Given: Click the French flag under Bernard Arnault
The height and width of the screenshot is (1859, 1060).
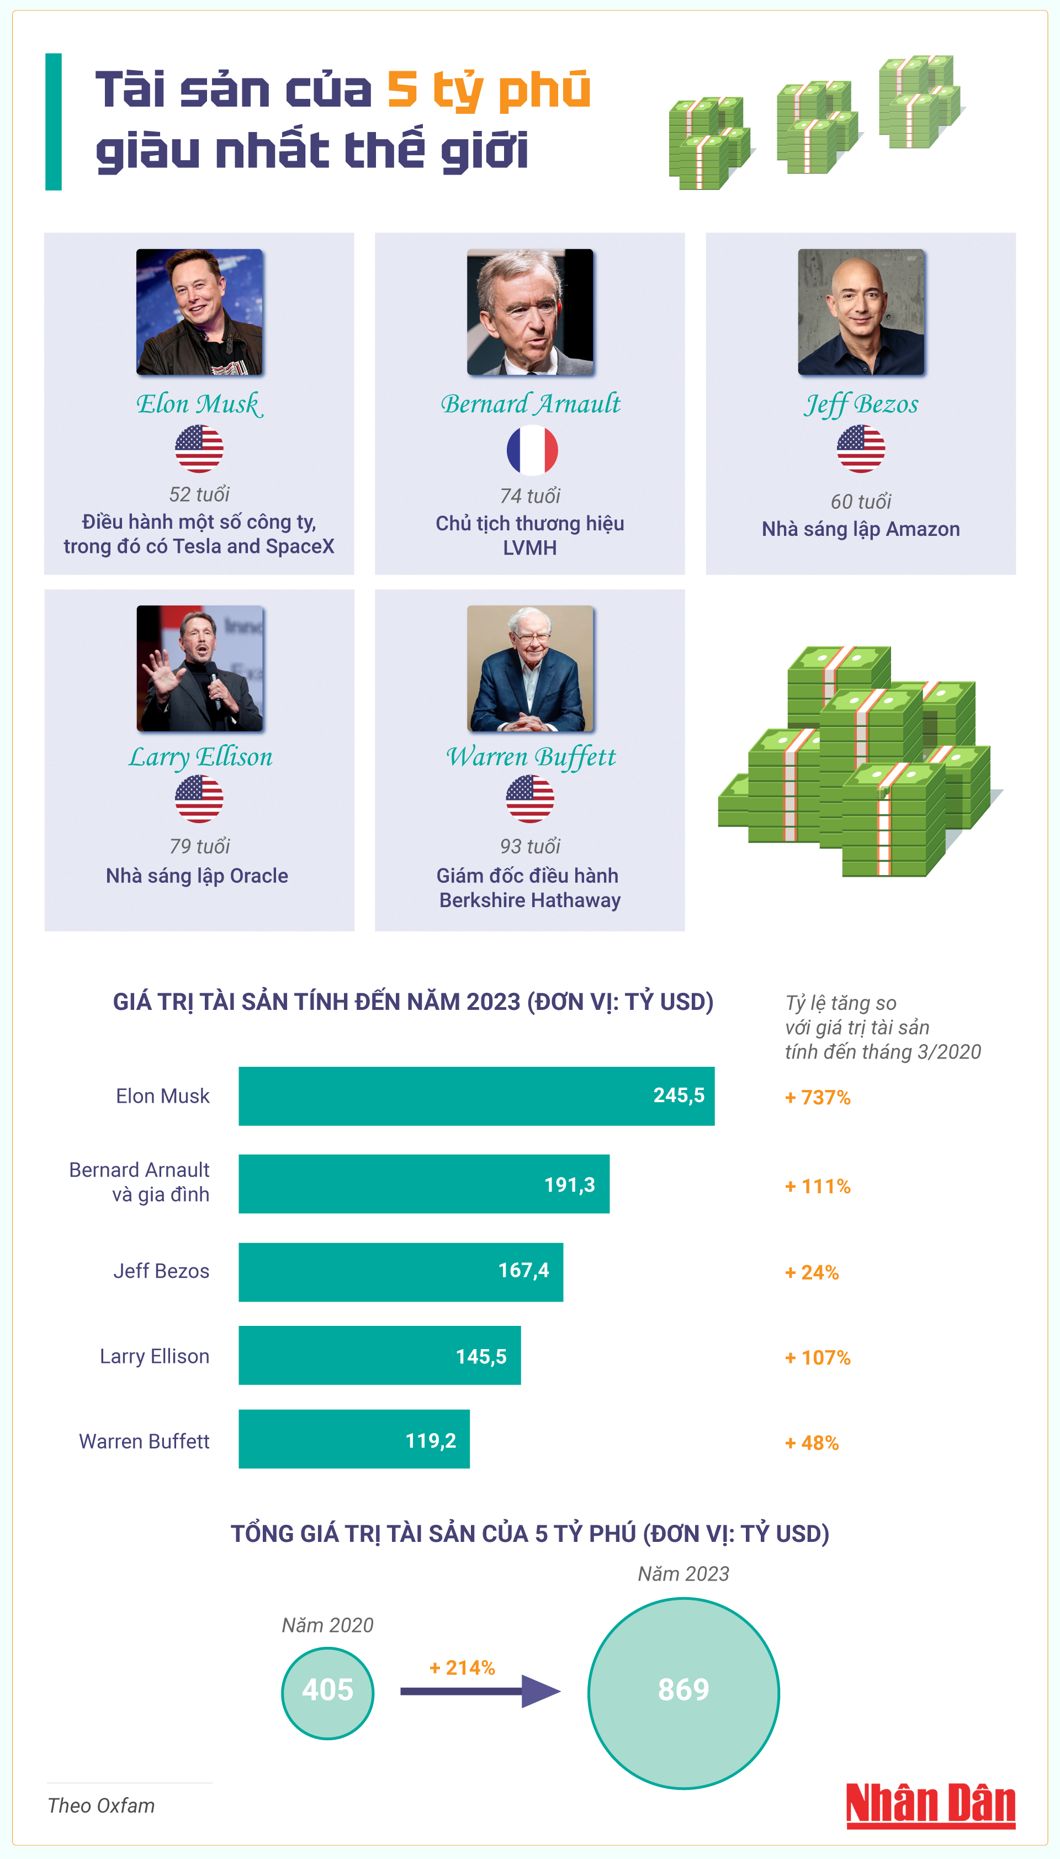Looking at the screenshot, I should pyautogui.click(x=532, y=450).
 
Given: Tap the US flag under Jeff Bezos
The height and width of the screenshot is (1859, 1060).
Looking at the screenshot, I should pyautogui.click(x=861, y=449).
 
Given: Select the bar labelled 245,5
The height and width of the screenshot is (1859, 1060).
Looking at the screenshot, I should pyautogui.click(x=476, y=1096).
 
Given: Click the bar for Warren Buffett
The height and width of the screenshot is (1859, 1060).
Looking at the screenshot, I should pyautogui.click(x=354, y=1439).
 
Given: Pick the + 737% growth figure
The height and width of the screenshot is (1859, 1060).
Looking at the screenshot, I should pyautogui.click(x=818, y=1097).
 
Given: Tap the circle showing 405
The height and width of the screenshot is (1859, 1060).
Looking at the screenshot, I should pyautogui.click(x=327, y=1693).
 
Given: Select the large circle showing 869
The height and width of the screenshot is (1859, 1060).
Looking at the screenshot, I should pyautogui.click(x=683, y=1693).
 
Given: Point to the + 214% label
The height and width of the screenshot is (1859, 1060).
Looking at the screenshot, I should pyautogui.click(x=462, y=1667).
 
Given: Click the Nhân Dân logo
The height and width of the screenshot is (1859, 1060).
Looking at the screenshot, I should pyautogui.click(x=930, y=1805).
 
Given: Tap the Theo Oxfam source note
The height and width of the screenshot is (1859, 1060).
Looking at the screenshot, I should pyautogui.click(x=101, y=1805).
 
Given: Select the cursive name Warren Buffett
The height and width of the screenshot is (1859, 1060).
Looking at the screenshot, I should pyautogui.click(x=531, y=757).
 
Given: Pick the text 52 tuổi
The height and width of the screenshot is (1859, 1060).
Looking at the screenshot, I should pyautogui.click(x=199, y=494).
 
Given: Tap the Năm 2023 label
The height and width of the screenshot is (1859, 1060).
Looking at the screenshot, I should pyautogui.click(x=683, y=1573).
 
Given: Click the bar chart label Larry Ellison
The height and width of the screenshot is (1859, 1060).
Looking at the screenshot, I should pyautogui.click(x=155, y=1356).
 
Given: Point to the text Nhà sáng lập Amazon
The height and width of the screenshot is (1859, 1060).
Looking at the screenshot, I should pyautogui.click(x=861, y=529).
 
